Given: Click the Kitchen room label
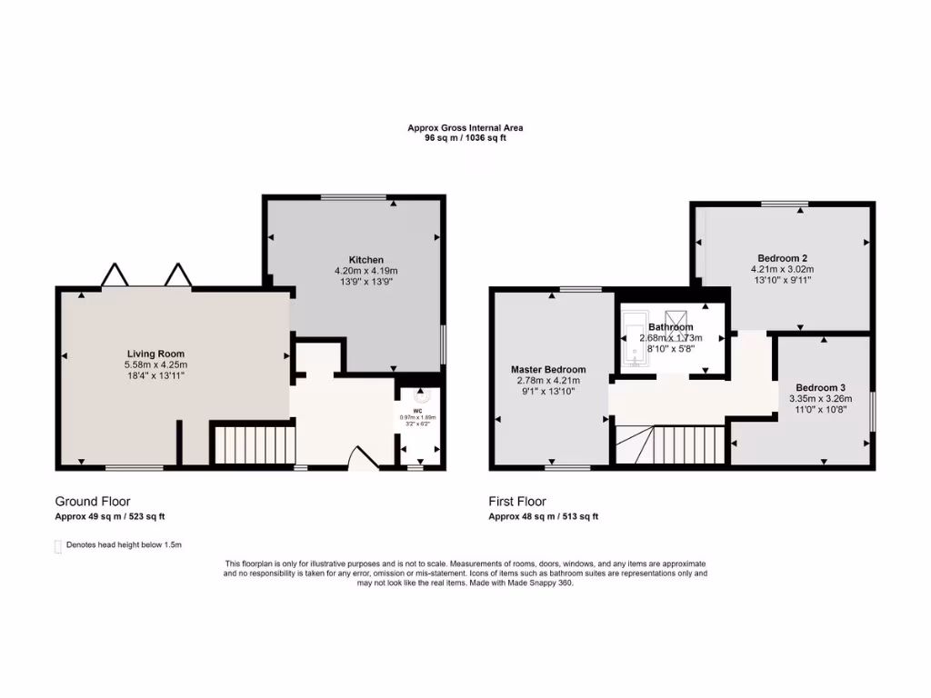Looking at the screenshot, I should (x=366, y=260).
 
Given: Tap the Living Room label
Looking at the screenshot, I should (x=155, y=354).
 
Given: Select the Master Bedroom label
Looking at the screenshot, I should (x=548, y=370).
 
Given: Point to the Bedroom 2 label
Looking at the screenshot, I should (x=782, y=257).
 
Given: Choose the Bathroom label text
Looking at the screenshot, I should (x=671, y=327).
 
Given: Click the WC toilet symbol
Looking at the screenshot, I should (x=420, y=396).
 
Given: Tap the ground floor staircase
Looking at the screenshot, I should (x=255, y=444).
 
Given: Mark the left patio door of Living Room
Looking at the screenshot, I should (x=114, y=275).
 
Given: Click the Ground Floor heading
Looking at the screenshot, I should (x=93, y=502).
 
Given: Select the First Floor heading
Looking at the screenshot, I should (x=517, y=502).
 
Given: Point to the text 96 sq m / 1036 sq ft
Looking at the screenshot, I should (x=465, y=138).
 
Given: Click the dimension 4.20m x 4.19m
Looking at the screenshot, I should (x=366, y=271).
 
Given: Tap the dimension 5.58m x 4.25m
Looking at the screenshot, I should (x=155, y=364).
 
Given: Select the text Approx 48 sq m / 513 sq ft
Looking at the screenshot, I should (x=544, y=516).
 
